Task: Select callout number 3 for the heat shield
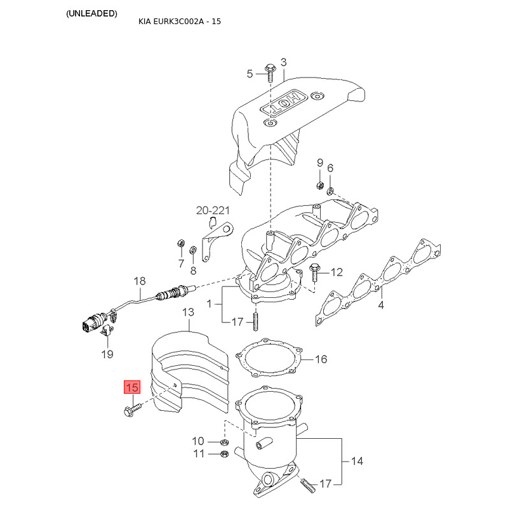pyautogui.click(x=283, y=62)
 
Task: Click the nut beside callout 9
pyautogui.click(x=319, y=185)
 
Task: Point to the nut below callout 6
pyautogui.click(x=330, y=190)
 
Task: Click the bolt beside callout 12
pyautogui.click(x=316, y=272)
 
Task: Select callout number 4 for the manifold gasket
pyautogui.click(x=381, y=305)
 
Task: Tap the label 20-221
pyautogui.click(x=213, y=210)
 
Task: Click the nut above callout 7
pyautogui.click(x=180, y=244)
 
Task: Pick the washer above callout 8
pyautogui.click(x=193, y=251)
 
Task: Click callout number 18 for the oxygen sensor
pyautogui.click(x=139, y=281)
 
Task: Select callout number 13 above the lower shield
pyautogui.click(x=188, y=312)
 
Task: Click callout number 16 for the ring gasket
pyautogui.click(x=321, y=359)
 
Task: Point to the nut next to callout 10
pyautogui.click(x=224, y=441)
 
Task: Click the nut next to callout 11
pyautogui.click(x=224, y=453)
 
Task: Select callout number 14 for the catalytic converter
pyautogui.click(x=357, y=461)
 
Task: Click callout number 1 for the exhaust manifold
pyautogui.click(x=210, y=304)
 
